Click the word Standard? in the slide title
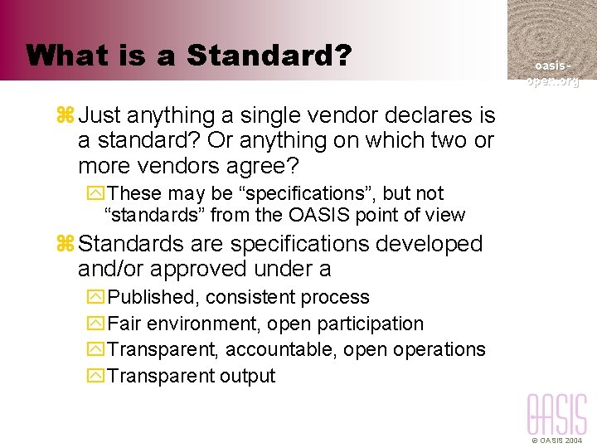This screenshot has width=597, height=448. point(269,56)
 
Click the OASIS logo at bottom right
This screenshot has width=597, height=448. point(557,415)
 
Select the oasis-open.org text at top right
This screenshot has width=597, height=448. point(551,73)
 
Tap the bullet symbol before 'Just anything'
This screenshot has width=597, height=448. point(66,115)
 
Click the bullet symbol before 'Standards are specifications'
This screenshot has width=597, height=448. point(66,245)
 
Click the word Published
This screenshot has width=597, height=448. point(153,297)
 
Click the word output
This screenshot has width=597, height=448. point(248,376)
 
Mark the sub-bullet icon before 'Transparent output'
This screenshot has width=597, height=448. point(94,376)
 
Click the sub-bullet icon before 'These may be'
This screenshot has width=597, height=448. point(94,194)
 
